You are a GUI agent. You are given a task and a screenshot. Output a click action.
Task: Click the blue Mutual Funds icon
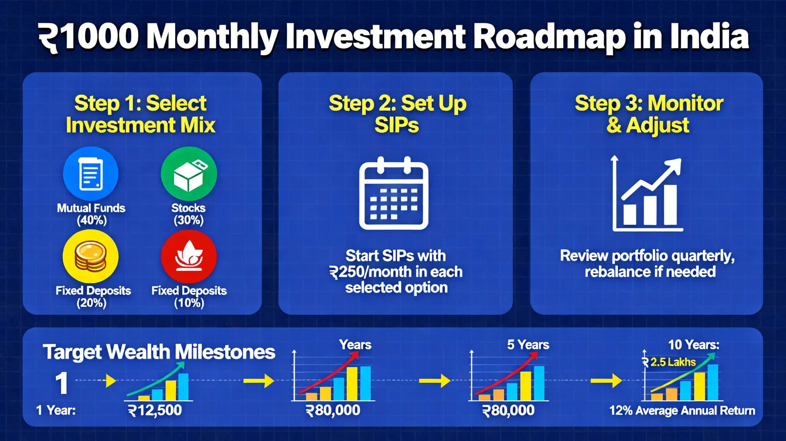(91, 174)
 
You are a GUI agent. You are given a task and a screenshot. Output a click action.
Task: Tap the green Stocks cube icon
(189, 174)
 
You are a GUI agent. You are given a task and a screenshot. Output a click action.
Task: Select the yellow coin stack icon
(91, 256)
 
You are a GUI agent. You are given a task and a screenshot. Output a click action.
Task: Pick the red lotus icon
(189, 256)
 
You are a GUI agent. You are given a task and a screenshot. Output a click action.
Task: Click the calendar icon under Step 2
(394, 193)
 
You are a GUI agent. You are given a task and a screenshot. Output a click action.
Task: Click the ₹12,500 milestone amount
(155, 410)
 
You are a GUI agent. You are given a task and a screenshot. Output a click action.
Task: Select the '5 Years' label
(528, 344)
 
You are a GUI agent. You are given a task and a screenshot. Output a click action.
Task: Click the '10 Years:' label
(694, 344)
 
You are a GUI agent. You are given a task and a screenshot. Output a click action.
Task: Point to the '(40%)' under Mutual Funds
(91, 220)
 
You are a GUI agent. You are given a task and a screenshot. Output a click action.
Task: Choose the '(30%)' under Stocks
(188, 220)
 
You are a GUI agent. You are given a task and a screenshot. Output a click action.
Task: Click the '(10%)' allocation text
(189, 303)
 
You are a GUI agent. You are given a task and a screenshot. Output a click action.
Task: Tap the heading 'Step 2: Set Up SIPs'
(397, 114)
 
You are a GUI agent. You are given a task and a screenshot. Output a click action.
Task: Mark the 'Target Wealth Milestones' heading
(159, 352)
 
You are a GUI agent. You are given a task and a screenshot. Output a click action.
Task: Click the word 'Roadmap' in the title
(549, 38)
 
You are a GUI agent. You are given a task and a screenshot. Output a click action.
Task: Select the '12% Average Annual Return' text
(682, 410)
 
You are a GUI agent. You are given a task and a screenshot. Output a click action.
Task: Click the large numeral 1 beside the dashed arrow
(61, 383)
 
